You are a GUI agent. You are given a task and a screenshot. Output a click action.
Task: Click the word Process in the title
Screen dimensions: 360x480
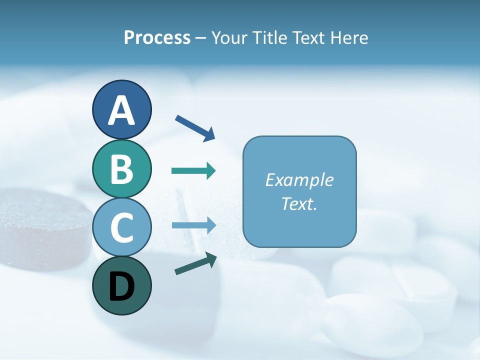pyautogui.click(x=157, y=37)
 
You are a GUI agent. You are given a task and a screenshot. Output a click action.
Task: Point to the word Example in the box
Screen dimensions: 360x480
pyautogui.click(x=299, y=180)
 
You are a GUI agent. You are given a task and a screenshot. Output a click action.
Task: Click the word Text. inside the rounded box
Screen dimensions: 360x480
pyautogui.click(x=299, y=203)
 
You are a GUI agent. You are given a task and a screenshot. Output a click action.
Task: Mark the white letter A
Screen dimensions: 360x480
pyautogui.click(x=121, y=111)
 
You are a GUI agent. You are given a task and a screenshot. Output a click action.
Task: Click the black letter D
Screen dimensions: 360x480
pyautogui.click(x=121, y=287)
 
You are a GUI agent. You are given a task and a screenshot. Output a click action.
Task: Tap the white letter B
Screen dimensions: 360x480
pyautogui.click(x=121, y=169)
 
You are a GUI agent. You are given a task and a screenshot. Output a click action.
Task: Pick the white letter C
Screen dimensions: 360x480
pyautogui.click(x=121, y=228)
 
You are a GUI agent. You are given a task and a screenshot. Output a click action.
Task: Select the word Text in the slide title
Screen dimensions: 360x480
pyautogui.click(x=309, y=37)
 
